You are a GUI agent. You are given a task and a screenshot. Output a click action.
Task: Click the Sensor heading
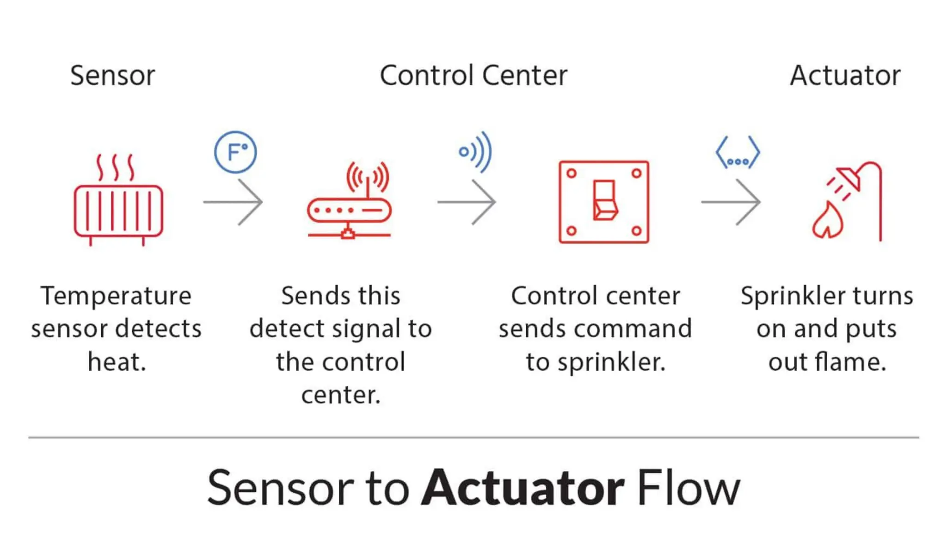(112, 75)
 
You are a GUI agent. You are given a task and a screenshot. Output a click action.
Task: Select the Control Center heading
(473, 75)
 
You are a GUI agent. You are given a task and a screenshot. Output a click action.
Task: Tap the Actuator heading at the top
(845, 75)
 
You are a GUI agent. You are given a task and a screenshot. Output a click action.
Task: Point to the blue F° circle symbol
(235, 152)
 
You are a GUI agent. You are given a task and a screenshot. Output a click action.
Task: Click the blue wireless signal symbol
(476, 152)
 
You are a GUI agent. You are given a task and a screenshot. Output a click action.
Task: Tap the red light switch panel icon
(604, 202)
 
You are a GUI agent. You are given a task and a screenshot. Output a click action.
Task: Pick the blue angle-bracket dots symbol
(738, 153)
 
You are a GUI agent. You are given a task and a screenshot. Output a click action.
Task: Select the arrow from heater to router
(234, 202)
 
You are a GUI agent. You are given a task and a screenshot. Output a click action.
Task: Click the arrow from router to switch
(467, 202)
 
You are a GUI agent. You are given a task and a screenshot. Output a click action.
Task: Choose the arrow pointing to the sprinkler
(731, 202)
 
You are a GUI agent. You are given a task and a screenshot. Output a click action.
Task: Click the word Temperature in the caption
(116, 296)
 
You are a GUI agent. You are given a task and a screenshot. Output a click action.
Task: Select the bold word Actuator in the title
(523, 488)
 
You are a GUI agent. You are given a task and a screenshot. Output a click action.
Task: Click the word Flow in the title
(689, 488)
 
